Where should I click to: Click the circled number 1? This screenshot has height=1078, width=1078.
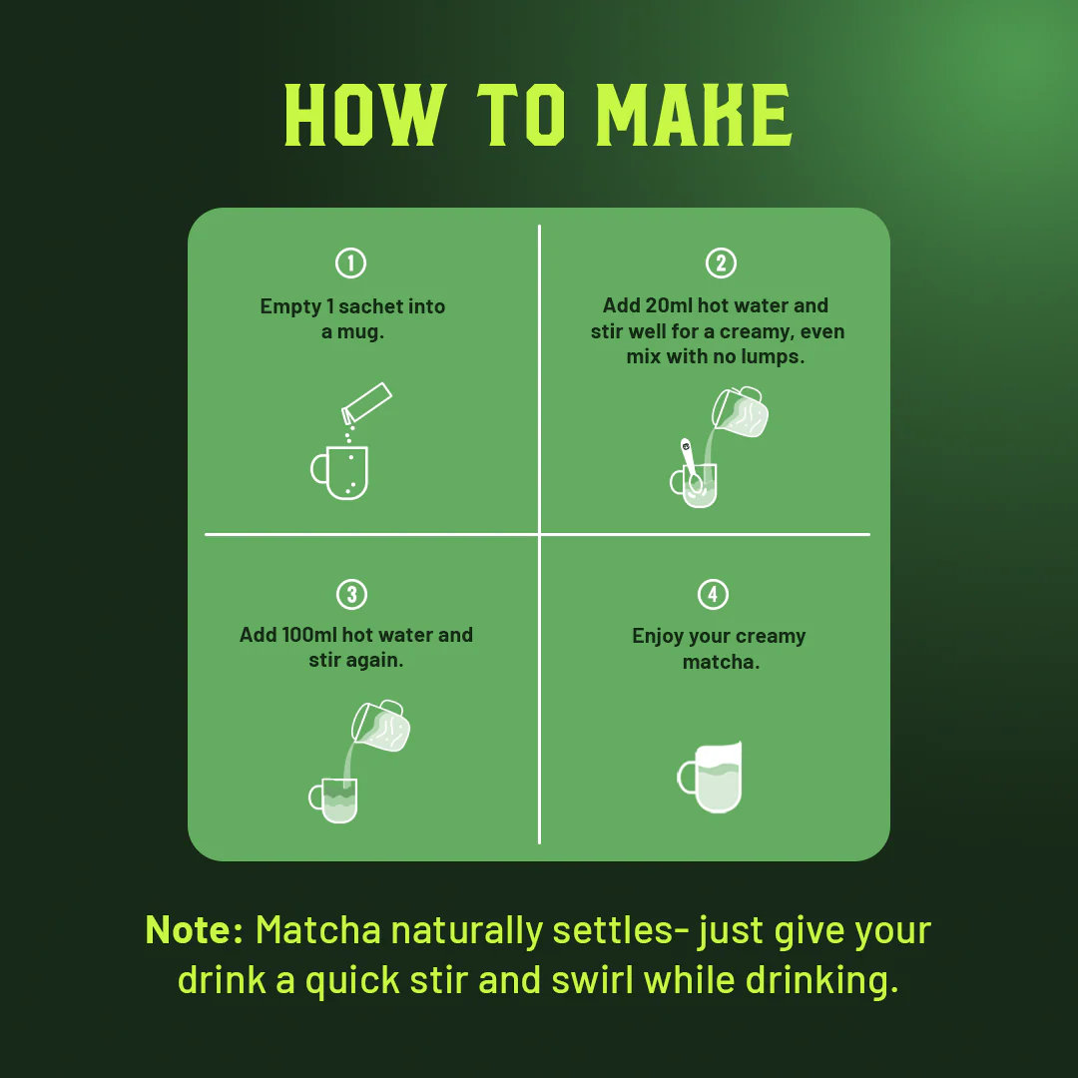pyautogui.click(x=350, y=263)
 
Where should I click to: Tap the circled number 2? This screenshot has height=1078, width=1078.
pyautogui.click(x=721, y=263)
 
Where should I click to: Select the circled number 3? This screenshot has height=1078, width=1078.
pyautogui.click(x=351, y=594)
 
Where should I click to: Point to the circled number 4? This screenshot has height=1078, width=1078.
pyautogui.click(x=713, y=594)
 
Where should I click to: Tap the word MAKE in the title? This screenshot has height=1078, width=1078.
pyautogui.click(x=695, y=115)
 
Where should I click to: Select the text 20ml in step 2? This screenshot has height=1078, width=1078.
pyautogui.click(x=669, y=305)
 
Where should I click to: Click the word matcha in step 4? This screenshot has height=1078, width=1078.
pyautogui.click(x=721, y=662)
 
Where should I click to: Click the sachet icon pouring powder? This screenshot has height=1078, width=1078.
pyautogui.click(x=366, y=403)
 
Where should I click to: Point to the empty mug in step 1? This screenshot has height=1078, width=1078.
pyautogui.click(x=339, y=472)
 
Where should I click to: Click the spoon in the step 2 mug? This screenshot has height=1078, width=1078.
pyautogui.click(x=691, y=465)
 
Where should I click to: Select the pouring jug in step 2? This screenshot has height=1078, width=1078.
pyautogui.click(x=740, y=412)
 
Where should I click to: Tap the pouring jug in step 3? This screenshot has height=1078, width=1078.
pyautogui.click(x=380, y=726)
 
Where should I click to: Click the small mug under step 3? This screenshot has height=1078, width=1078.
pyautogui.click(x=333, y=801)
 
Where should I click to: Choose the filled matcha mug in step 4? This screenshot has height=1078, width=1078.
pyautogui.click(x=711, y=777)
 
